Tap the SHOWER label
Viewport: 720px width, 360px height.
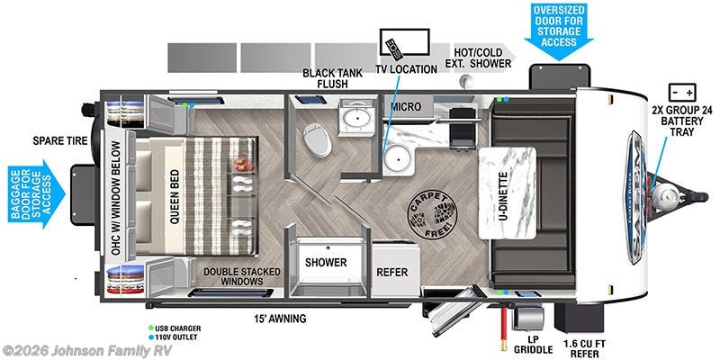(326, 263)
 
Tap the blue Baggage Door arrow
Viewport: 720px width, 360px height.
(40, 193)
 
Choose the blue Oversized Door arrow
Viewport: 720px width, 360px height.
(559, 31)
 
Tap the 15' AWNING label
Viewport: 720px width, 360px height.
(280, 318)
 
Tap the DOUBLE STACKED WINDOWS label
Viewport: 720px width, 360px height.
(241, 276)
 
